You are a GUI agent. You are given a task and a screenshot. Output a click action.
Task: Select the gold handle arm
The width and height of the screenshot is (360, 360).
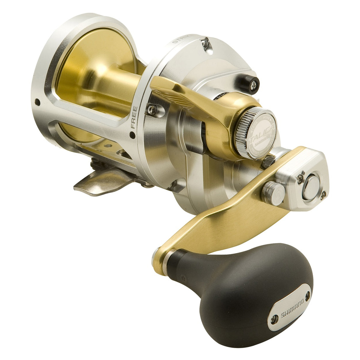tap(228, 222)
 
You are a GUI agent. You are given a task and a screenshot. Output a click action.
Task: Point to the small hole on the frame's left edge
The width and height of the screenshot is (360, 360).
tap(38, 102)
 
